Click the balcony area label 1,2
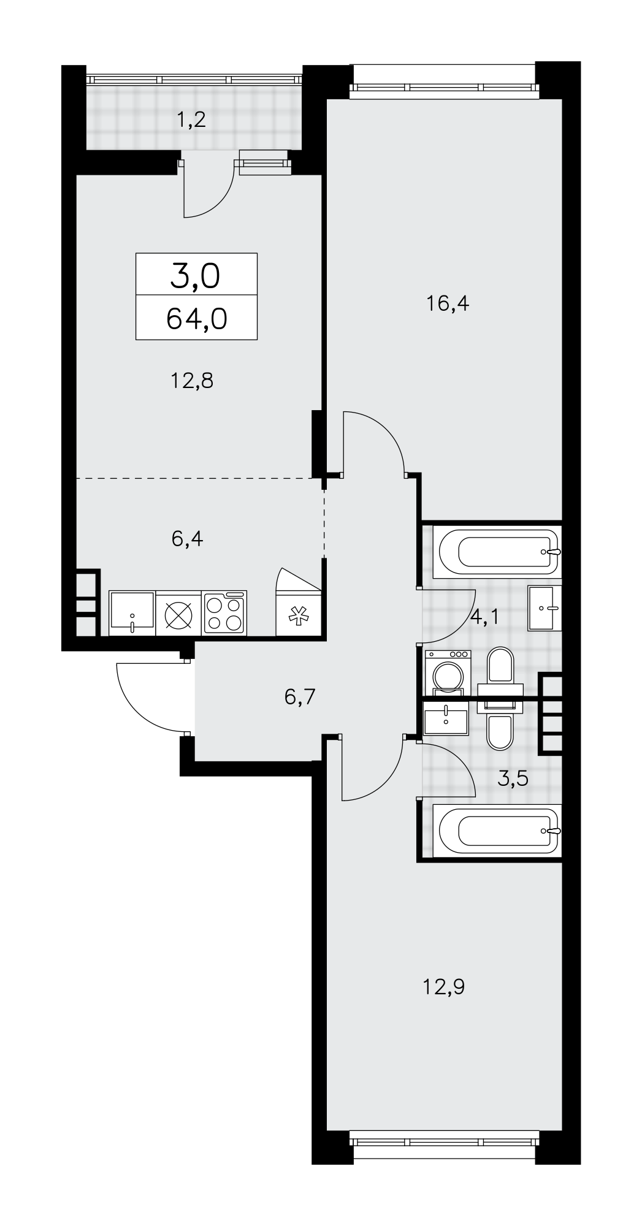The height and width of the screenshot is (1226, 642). pyautogui.click(x=191, y=119)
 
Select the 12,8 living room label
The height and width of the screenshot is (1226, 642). pyautogui.click(x=192, y=381)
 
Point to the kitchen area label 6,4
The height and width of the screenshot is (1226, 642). pyautogui.click(x=188, y=539)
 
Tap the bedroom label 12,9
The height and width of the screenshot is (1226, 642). pyautogui.click(x=444, y=987)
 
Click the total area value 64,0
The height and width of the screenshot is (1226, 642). pyautogui.click(x=196, y=319)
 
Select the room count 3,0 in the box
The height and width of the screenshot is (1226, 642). pyautogui.click(x=196, y=277)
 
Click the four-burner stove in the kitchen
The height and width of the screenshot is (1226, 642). pyautogui.click(x=224, y=613)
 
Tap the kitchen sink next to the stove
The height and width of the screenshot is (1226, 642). pyautogui.click(x=132, y=613)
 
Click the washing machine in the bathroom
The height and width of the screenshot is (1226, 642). pyautogui.click(x=448, y=673)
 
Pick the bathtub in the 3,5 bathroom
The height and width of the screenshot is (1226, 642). pyautogui.click(x=496, y=831)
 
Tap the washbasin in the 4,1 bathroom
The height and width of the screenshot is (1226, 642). pyautogui.click(x=545, y=608)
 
